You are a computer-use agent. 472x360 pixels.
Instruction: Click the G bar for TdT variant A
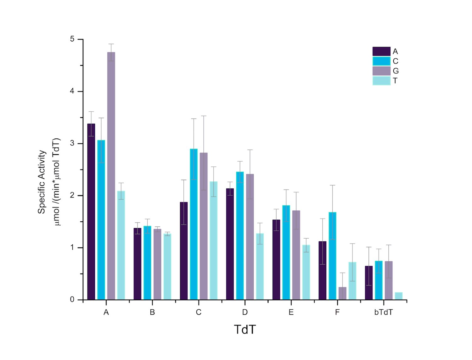[x=111, y=176]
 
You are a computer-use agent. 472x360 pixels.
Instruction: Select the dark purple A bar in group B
[x=138, y=264]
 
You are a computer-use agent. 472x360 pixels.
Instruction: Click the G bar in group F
[x=342, y=293]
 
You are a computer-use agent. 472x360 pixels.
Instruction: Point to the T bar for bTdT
[x=399, y=296]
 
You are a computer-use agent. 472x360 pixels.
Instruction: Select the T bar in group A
[x=121, y=245]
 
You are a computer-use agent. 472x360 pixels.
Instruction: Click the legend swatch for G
[x=381, y=71]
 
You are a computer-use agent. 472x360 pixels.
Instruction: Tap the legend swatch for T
[x=381, y=81]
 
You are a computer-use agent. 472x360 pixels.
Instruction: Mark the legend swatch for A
[x=381, y=51]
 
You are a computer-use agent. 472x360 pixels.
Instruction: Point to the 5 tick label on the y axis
[x=72, y=39]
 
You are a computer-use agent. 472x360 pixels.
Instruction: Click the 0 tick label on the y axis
[x=72, y=300]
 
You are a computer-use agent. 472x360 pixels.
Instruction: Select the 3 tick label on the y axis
[x=72, y=143]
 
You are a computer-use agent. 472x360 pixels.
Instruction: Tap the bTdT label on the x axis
[x=384, y=313]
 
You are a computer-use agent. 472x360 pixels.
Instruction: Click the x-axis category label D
[x=245, y=313]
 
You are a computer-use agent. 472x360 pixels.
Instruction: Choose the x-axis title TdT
[x=245, y=330]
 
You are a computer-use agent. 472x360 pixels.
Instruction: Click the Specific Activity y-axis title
[x=42, y=182]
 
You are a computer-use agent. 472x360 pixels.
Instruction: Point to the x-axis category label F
[x=337, y=313]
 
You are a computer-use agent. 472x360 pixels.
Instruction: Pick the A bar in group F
[x=323, y=270]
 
